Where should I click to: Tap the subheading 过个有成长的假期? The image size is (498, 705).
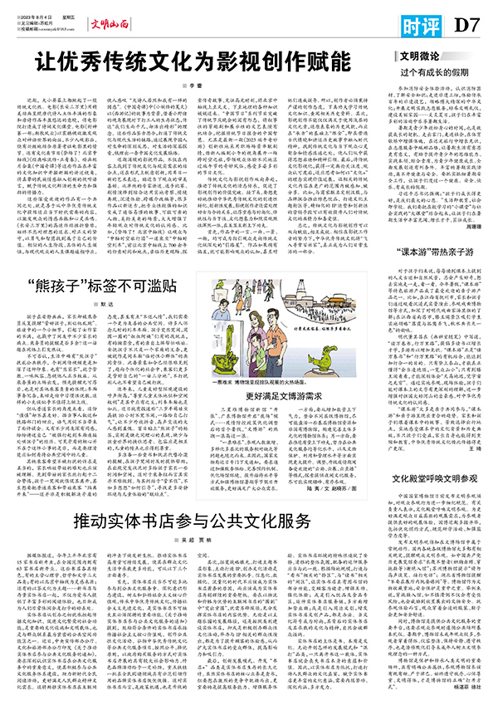(434, 74)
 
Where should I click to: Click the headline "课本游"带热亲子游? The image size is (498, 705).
(432, 275)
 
